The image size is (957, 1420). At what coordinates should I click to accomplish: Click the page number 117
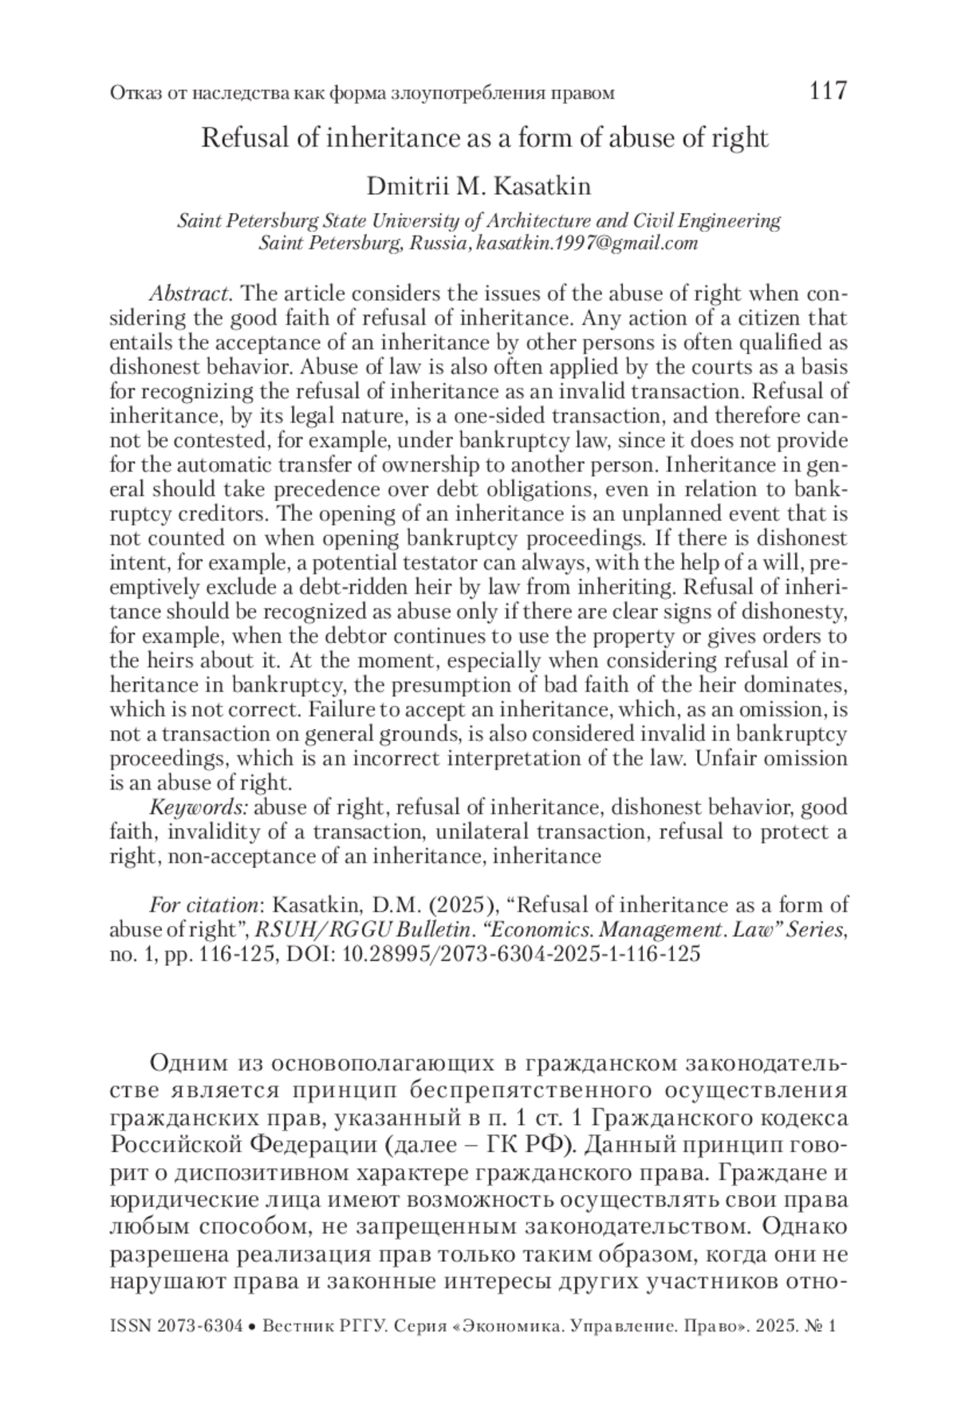[827, 91]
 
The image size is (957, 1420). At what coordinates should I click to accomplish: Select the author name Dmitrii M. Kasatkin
[478, 187]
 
